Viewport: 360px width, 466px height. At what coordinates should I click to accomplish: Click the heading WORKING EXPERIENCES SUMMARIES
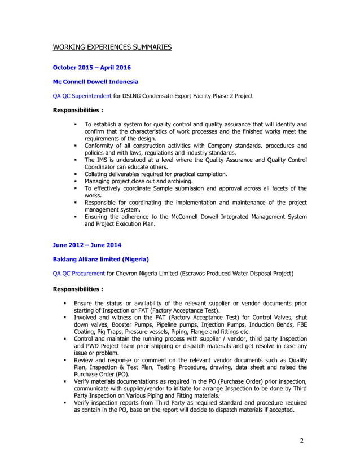(x=112, y=47)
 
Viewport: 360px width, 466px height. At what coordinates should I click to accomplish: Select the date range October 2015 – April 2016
(x=91, y=68)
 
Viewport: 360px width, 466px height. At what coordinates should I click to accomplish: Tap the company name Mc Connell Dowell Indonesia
(x=95, y=82)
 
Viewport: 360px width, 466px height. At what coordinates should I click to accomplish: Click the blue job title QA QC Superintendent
(x=82, y=96)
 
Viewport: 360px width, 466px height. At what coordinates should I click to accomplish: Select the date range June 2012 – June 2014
(x=86, y=245)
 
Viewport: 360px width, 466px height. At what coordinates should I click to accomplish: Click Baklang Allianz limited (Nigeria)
(x=100, y=259)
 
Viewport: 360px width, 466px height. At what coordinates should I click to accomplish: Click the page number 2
(x=302, y=441)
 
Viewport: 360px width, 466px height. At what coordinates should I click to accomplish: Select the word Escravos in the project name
(x=210, y=274)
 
